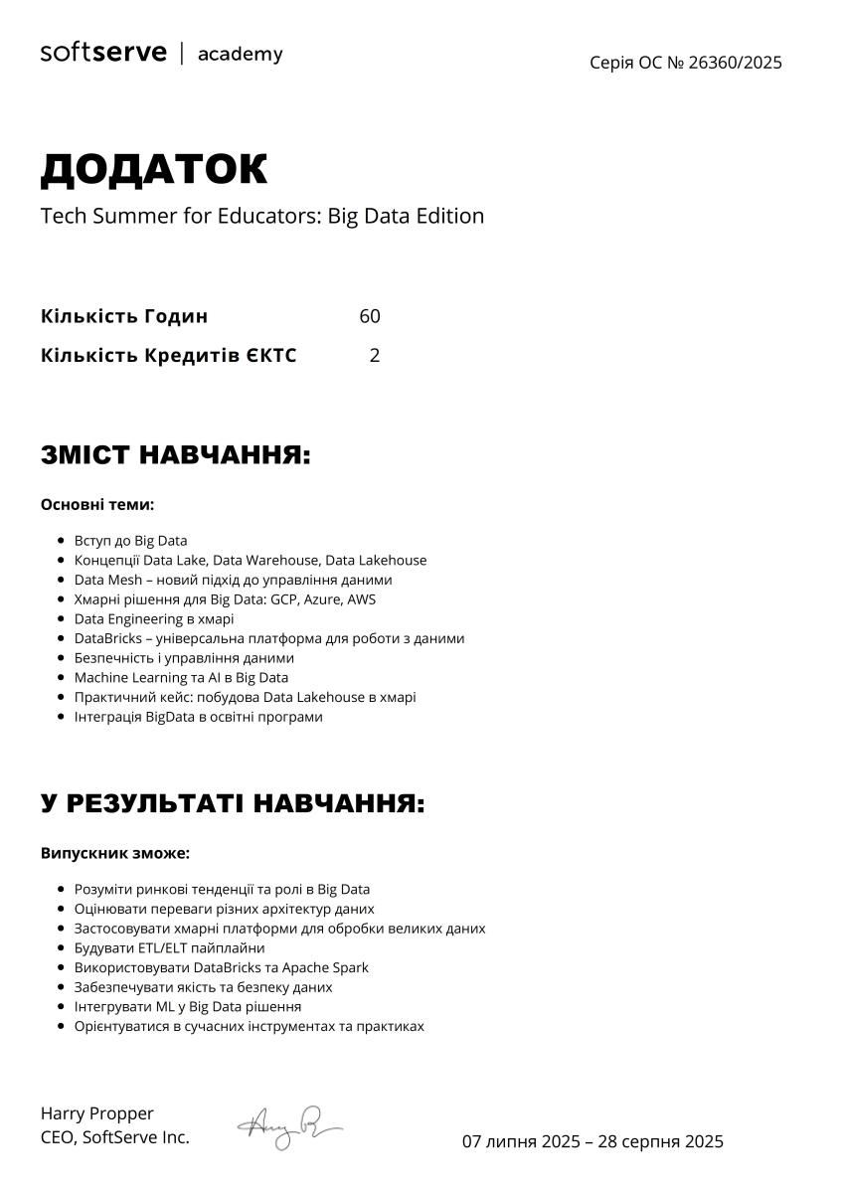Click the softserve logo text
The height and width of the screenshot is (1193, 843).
[x=103, y=53]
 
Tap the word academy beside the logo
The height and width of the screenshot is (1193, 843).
[x=240, y=54]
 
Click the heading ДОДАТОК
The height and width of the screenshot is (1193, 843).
[x=154, y=170]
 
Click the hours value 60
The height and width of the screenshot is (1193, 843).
[x=370, y=316]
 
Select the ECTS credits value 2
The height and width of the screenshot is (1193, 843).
[x=375, y=355]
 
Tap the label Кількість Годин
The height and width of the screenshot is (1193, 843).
[x=124, y=316]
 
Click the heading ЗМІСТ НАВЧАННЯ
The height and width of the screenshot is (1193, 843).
[x=176, y=455]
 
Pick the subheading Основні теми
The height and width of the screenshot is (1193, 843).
[x=97, y=505]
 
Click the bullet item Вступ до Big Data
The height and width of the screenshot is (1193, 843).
[x=130, y=541]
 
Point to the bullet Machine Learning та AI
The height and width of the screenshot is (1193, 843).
[x=181, y=677]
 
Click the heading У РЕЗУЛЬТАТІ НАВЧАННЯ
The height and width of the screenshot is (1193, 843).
[x=233, y=803]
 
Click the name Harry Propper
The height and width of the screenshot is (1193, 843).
[x=97, y=1113]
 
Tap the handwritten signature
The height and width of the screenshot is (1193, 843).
[x=287, y=1127]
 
